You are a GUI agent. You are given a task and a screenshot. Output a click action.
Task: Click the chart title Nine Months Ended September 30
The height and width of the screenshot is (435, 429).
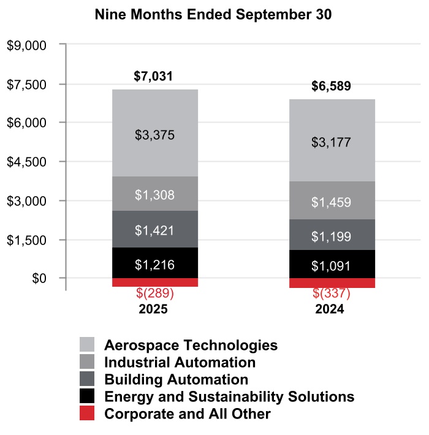pos(213,15)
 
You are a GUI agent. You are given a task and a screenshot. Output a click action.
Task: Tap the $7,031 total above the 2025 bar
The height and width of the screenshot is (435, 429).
pos(153,77)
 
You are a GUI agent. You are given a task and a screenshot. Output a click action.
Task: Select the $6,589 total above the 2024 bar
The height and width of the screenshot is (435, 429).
pos(331,86)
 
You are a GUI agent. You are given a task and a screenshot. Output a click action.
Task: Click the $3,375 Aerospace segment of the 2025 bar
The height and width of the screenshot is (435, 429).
pos(154,134)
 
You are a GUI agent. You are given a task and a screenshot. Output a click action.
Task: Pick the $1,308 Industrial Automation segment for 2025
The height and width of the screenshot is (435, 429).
pos(154,195)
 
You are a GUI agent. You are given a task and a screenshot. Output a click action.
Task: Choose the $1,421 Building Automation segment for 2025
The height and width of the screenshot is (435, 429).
pos(154,230)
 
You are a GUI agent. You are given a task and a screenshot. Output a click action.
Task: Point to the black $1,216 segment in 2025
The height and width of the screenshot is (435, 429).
pos(154,265)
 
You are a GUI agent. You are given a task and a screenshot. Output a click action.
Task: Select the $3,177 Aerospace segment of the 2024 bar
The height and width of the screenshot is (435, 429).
pos(332,142)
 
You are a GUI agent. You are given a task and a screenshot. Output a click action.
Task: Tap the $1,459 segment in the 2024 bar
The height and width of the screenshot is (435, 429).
pos(332,201)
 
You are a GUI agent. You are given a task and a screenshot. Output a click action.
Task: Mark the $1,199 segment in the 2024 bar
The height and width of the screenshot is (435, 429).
pos(332,236)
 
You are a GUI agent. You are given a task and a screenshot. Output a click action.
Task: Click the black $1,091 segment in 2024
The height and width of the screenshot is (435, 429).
pos(332,266)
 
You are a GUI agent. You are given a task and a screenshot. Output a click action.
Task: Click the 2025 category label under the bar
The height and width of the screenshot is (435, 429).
pos(154,309)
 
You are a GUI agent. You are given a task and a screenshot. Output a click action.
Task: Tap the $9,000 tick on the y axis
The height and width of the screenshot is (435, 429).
pos(26,45)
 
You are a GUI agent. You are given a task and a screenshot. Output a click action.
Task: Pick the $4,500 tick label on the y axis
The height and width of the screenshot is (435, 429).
pos(26,162)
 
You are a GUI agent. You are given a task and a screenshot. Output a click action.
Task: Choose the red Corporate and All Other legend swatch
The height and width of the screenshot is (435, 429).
pos(87,414)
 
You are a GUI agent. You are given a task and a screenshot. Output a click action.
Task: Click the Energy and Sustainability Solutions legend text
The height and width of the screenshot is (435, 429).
pos(229,396)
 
